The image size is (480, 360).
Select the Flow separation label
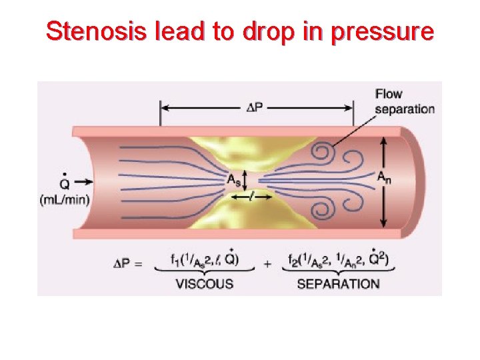click(404, 101)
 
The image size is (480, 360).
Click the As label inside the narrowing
click(234, 179)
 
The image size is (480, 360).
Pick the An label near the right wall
click(383, 177)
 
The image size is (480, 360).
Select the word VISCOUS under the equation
click(204, 283)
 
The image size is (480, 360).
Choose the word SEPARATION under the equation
click(338, 283)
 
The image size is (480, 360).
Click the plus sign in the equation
click(267, 263)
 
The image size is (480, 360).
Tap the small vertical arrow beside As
click(246, 179)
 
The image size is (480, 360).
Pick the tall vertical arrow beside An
click(384, 183)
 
